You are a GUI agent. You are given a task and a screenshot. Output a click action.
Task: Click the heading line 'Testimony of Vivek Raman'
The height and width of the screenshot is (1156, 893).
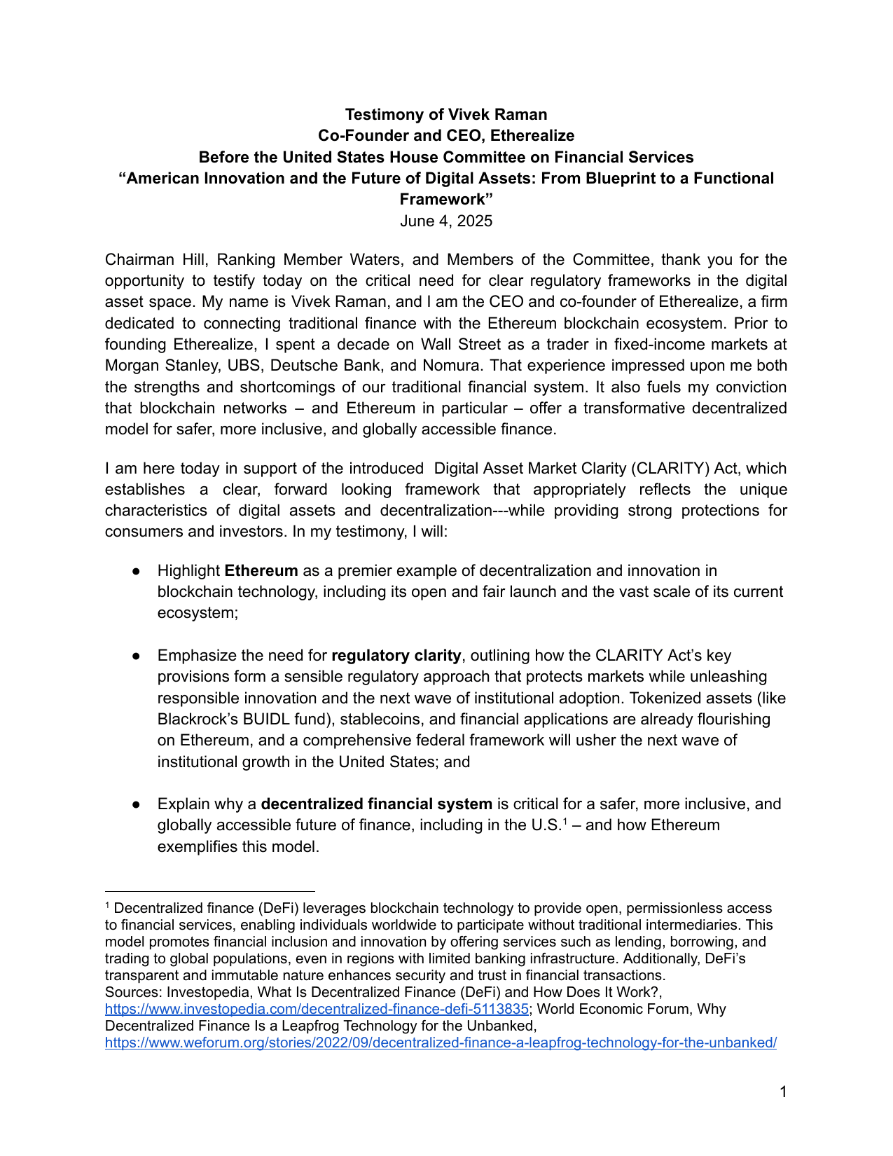pyautogui.click(x=446, y=114)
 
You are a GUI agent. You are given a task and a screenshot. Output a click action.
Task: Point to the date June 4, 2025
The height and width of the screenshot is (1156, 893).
pyautogui.click(x=446, y=221)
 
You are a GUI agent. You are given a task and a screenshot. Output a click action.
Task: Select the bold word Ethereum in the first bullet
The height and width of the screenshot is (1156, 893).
pyautogui.click(x=261, y=571)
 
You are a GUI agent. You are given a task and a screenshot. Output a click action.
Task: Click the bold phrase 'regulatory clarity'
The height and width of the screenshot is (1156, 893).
pyautogui.click(x=396, y=656)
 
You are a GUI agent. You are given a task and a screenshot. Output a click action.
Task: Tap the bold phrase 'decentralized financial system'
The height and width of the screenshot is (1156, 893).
pyautogui.click(x=376, y=804)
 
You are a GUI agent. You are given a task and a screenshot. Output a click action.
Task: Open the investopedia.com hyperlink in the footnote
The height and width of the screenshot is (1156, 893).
pyautogui.click(x=316, y=1010)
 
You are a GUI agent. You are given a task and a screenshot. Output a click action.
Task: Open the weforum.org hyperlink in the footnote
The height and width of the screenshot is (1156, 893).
pyautogui.click(x=441, y=1043)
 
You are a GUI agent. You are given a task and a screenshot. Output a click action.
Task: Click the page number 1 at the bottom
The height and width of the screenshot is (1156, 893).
pyautogui.click(x=783, y=1092)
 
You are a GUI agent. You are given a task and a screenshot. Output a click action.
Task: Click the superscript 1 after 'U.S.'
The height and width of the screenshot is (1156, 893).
pyautogui.click(x=565, y=821)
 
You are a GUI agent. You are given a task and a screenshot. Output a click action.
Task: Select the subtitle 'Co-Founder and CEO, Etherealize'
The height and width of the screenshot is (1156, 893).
pyautogui.click(x=446, y=136)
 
